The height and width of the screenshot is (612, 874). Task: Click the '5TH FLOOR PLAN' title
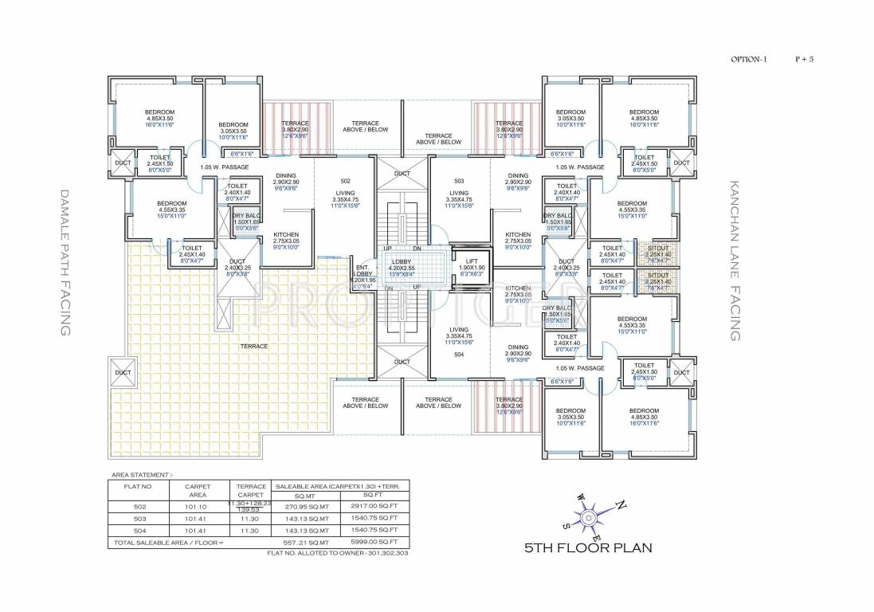tap(588, 547)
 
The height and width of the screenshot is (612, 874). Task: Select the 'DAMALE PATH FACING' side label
tap(66, 262)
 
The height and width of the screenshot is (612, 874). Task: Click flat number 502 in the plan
tap(345, 181)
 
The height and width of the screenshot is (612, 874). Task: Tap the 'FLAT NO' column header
tap(137, 484)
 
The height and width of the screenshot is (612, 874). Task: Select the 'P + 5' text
tap(805, 59)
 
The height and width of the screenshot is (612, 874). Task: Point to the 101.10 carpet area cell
tap(196, 505)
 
